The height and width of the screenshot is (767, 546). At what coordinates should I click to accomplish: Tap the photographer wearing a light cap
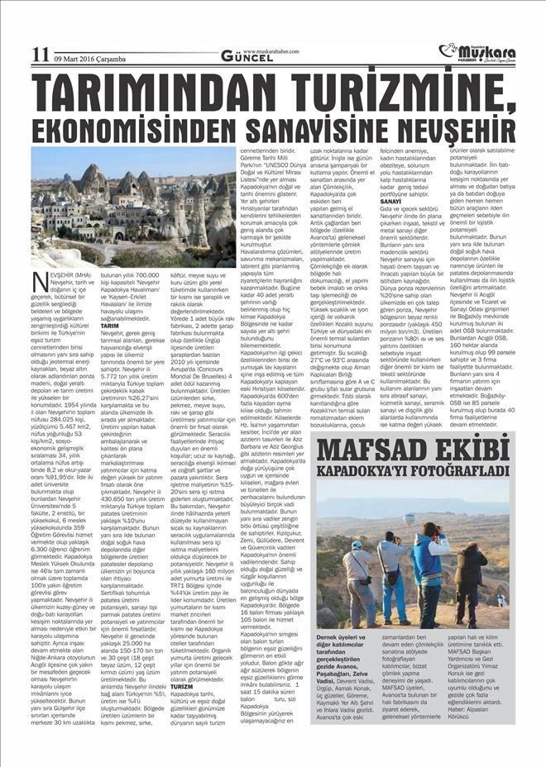click(358, 570)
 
